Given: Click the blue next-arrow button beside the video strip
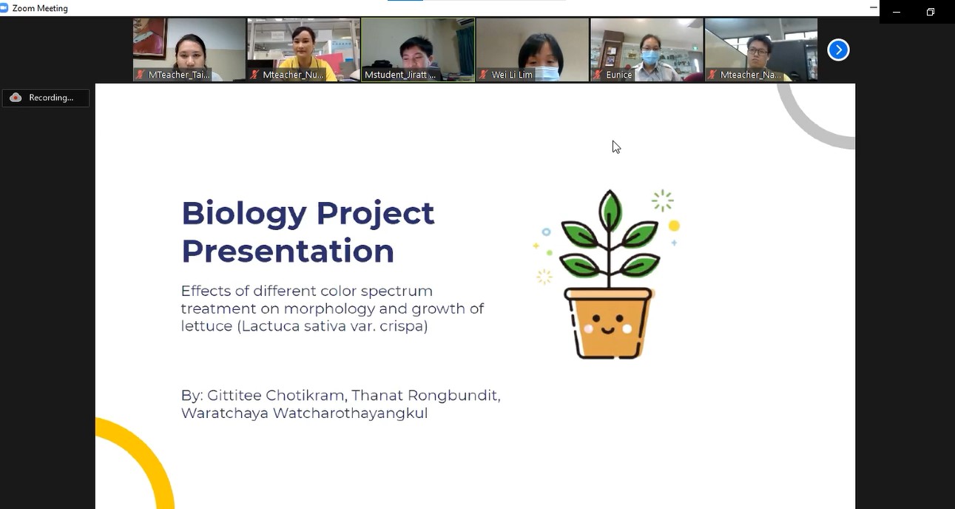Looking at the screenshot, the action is (838, 50).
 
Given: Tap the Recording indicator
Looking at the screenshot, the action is (46, 98).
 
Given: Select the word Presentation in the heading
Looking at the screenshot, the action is (288, 251).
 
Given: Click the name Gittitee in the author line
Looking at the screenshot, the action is (233, 395).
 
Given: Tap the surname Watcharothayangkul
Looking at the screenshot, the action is (351, 414).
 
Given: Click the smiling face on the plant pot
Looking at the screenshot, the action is (607, 325).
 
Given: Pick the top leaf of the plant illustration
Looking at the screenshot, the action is (610, 209).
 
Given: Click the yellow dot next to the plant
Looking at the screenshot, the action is (674, 226).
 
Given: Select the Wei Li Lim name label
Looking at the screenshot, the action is (512, 75).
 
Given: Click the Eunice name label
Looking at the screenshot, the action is (618, 75).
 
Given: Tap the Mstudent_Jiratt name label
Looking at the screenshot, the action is (400, 75).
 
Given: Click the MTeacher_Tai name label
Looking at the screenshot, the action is (178, 75).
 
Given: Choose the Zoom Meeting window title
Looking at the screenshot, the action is (40, 8).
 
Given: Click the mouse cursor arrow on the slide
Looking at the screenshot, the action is (616, 147).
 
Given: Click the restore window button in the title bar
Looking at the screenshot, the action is (931, 12).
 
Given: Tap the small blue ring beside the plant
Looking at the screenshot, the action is (546, 232).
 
